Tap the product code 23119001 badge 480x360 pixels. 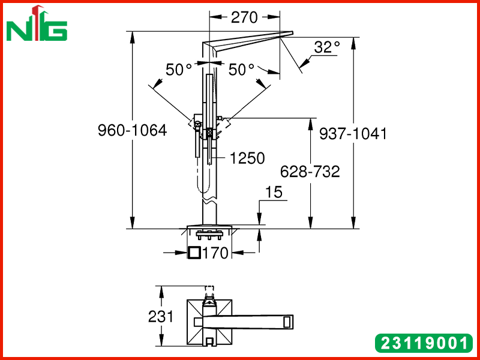pos(424,343)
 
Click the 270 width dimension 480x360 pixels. pos(244,17)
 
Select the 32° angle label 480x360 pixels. pos(326,47)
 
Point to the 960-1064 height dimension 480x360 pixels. pos(132,130)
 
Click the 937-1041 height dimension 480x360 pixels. pos(353,134)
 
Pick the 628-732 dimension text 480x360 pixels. pos(310,172)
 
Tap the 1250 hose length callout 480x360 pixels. pos(247,158)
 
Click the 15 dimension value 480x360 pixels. pos(274,192)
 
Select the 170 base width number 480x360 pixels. pos(215,253)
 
